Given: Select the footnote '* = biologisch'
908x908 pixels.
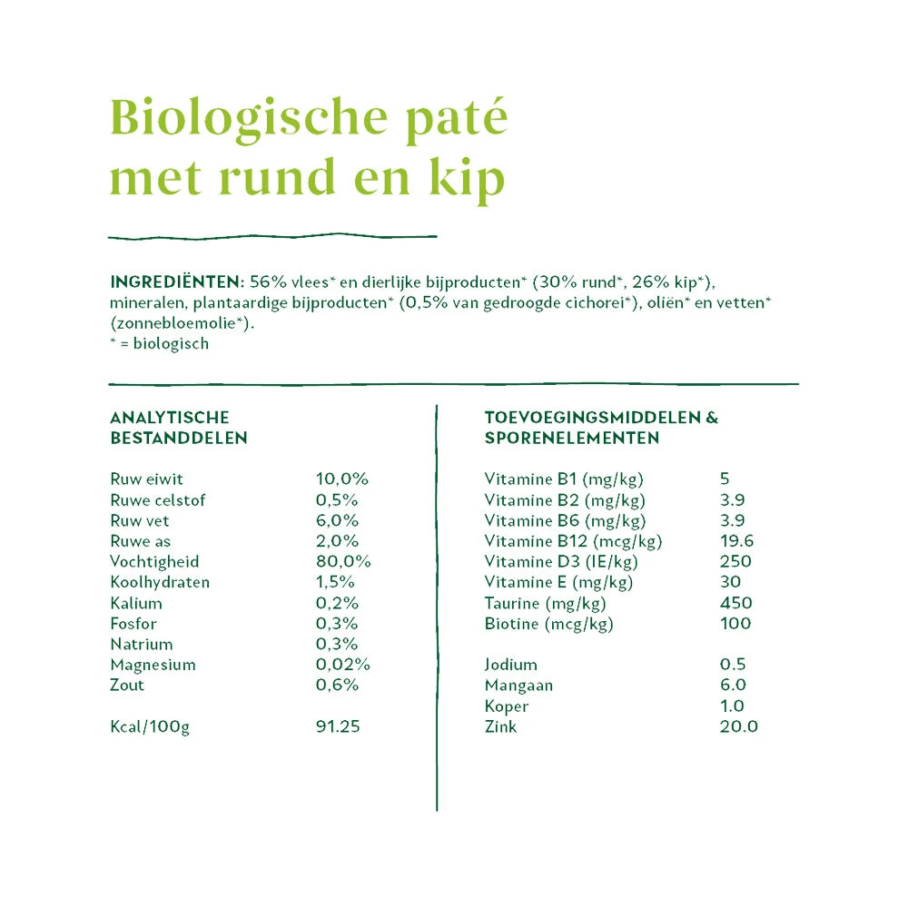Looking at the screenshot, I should (x=159, y=344).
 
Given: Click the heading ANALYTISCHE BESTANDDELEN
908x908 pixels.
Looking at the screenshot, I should (x=178, y=428).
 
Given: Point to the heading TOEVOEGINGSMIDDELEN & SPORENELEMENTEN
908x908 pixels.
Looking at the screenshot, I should (x=600, y=428).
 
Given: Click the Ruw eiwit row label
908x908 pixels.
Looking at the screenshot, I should (x=146, y=479).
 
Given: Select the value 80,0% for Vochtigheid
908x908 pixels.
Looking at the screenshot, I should (x=342, y=562).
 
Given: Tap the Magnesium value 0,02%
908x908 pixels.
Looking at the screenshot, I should (x=342, y=665).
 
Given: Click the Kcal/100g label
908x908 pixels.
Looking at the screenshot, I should (x=150, y=727).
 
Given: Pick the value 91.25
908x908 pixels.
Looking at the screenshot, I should (x=338, y=727).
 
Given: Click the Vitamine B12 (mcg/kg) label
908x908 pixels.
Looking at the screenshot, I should (x=573, y=541).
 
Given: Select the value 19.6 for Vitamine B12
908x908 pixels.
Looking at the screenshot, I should (x=736, y=541).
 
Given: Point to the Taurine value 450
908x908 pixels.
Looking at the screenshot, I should (x=735, y=603).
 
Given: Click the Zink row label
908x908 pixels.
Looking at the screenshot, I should (x=500, y=726).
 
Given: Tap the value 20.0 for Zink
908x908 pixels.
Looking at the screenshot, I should (x=738, y=726).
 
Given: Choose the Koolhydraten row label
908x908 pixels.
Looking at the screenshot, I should (x=159, y=582).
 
